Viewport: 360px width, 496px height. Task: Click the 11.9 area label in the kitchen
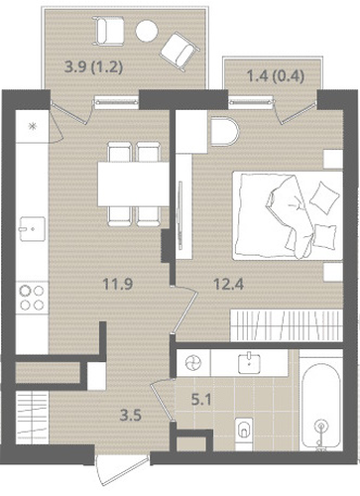(118, 284)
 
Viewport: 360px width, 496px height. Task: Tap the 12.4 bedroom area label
(229, 284)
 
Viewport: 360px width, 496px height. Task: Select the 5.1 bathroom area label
(201, 401)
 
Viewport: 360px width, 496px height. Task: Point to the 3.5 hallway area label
(131, 415)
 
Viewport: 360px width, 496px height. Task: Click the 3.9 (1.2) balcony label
(94, 67)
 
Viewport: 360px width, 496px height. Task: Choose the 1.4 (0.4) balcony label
(276, 76)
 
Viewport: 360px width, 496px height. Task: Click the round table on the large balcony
(147, 31)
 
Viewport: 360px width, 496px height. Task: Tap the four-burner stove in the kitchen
(32, 298)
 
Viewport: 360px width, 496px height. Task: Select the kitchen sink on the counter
(32, 228)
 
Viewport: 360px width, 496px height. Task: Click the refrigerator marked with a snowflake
(33, 126)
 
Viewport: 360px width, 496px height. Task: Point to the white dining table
(133, 185)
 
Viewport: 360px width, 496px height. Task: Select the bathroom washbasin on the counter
(249, 362)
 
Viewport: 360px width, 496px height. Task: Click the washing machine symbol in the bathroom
(193, 363)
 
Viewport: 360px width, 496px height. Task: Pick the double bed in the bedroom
(288, 215)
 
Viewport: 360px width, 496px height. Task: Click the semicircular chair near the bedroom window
(224, 132)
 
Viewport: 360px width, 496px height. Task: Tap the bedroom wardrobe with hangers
(287, 325)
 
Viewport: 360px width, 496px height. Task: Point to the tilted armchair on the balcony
(180, 51)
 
